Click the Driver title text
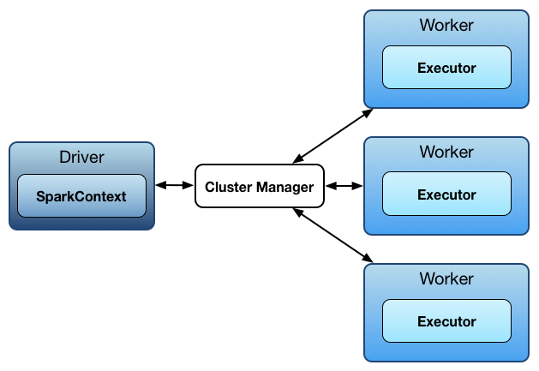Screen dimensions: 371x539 pyautogui.click(x=81, y=157)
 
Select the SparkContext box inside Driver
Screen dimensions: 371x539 pyautogui.click(x=81, y=196)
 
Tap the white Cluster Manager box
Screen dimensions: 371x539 pyautogui.click(x=259, y=186)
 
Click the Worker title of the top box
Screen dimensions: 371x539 pyautogui.click(x=446, y=25)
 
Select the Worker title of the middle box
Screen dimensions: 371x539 pyautogui.click(x=446, y=152)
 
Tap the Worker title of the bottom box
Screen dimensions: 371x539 pyautogui.click(x=446, y=278)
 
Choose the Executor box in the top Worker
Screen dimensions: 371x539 pyautogui.click(x=446, y=68)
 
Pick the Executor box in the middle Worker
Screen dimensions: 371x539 pyautogui.click(x=446, y=194)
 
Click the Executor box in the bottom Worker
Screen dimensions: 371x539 pyautogui.click(x=446, y=321)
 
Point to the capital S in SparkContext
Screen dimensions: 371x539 pyautogui.click(x=40, y=196)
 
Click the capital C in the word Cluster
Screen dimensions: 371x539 pyautogui.click(x=209, y=187)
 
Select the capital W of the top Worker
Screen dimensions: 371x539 pyautogui.click(x=426, y=25)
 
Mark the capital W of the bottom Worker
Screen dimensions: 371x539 pyautogui.click(x=426, y=278)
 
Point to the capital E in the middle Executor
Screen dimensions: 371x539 pyautogui.click(x=422, y=194)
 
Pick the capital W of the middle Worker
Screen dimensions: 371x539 pyautogui.click(x=426, y=152)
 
